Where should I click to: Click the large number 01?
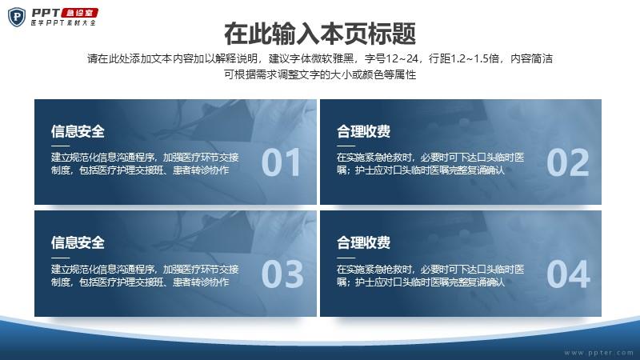(x=281, y=162)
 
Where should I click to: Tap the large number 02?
(x=568, y=162)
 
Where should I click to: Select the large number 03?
(x=282, y=274)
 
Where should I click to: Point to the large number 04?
(x=568, y=274)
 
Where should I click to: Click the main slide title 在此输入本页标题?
(x=320, y=34)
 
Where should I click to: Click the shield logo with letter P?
(x=17, y=17)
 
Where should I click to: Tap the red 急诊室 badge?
(x=79, y=13)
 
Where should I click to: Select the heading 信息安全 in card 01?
(x=78, y=131)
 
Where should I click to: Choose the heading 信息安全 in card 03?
(x=78, y=242)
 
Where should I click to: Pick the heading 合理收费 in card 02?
(x=363, y=131)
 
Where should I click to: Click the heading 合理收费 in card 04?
(x=363, y=242)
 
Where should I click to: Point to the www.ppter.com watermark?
(x=598, y=353)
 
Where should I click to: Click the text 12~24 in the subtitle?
(x=402, y=58)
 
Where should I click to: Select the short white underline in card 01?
(x=61, y=146)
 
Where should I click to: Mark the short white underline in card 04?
(x=346, y=258)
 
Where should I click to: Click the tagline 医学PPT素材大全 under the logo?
(x=63, y=23)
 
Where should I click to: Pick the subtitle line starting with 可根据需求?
(x=320, y=74)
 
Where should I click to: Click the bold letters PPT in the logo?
(x=46, y=13)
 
